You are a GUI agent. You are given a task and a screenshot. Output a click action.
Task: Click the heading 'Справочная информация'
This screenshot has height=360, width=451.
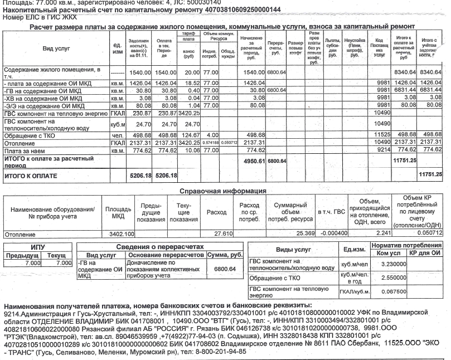coord(222,191)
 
